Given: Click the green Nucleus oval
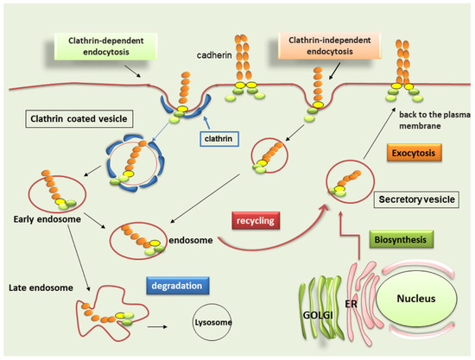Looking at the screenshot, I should coord(411,302).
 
